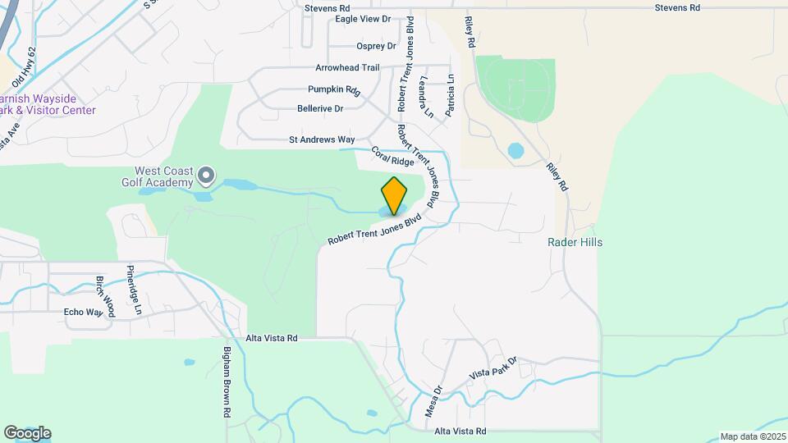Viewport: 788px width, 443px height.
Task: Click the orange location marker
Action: [x=394, y=195]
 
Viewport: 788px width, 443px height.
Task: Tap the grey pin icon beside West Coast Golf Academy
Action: [x=206, y=175]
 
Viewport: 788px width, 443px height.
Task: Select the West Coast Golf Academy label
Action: [x=164, y=175]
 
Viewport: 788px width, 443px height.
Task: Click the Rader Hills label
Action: [x=575, y=242]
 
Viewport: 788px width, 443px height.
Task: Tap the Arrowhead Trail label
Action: [x=347, y=68]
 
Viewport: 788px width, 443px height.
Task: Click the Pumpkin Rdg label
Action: [x=334, y=89]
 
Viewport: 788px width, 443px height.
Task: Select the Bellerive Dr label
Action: [x=320, y=108]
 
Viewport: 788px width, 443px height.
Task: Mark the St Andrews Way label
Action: [x=322, y=140]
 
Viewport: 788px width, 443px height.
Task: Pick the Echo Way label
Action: [x=84, y=313]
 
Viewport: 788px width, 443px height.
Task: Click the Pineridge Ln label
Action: [x=134, y=290]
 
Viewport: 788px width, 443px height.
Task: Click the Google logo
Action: [x=27, y=433]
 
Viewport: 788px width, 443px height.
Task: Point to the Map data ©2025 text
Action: [x=751, y=436]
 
